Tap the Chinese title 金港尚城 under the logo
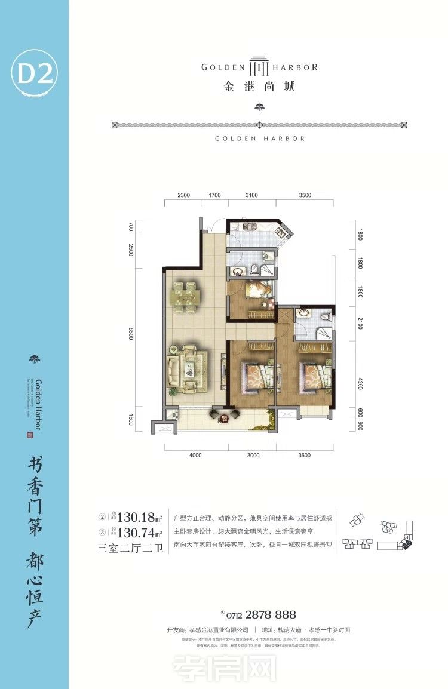coord(259,86)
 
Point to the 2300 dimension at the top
coord(183,195)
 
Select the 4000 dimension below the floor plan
coord(195,456)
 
